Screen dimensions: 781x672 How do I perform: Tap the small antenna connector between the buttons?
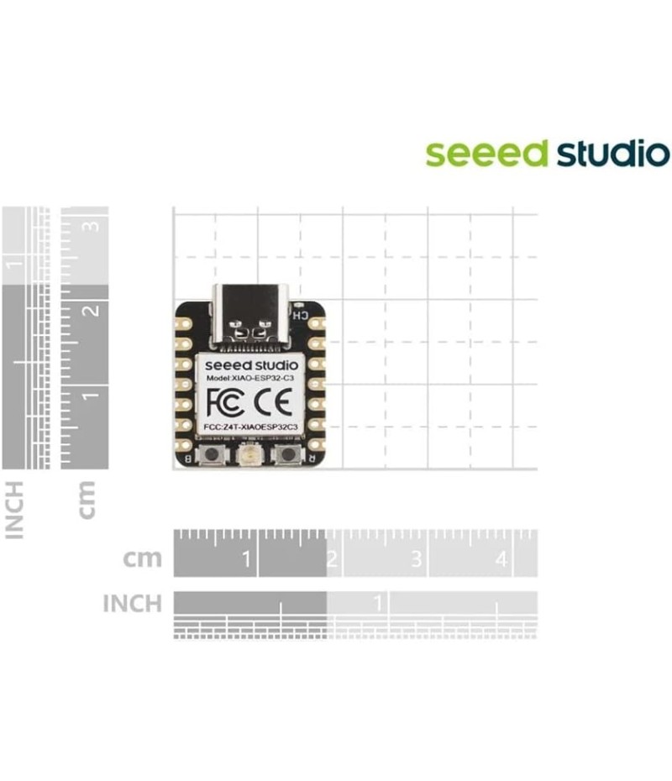[x=249, y=456]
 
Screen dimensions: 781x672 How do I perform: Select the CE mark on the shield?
[x=276, y=404]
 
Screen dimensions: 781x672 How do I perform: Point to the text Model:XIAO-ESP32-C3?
[x=249, y=380]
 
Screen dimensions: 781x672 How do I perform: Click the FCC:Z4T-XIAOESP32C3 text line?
[x=249, y=427]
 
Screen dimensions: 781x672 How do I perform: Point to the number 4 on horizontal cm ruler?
[x=501, y=558]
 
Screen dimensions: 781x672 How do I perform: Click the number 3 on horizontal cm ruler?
[x=416, y=558]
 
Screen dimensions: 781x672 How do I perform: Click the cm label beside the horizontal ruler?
[x=142, y=558]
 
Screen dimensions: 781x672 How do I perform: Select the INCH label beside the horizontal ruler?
[x=132, y=603]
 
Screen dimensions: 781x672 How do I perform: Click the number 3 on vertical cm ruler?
[x=93, y=225]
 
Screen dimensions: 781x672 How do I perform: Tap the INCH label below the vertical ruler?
[x=16, y=509]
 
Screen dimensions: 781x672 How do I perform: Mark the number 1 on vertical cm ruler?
[x=93, y=393]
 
